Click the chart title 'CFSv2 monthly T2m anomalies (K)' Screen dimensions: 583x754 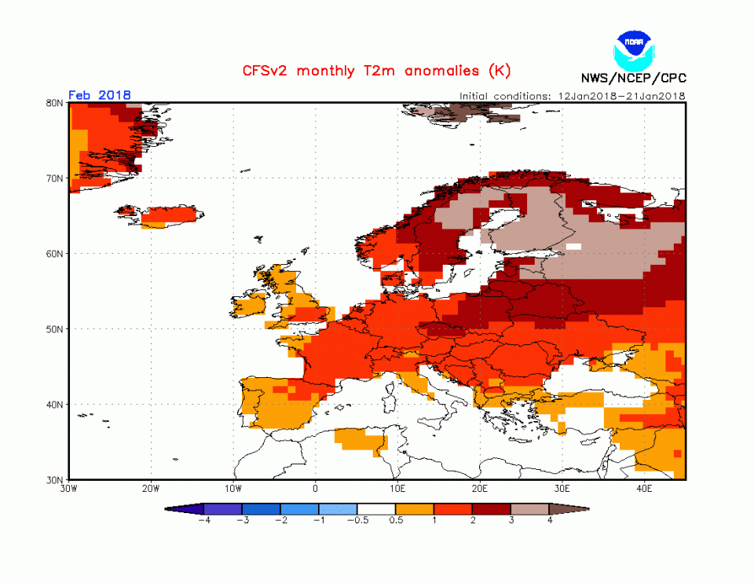coord(376,71)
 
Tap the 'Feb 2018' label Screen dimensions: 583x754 coord(100,95)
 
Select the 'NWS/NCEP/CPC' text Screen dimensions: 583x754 coord(633,78)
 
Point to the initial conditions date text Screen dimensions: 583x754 coord(573,96)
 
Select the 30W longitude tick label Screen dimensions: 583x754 coord(69,489)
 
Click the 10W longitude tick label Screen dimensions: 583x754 coord(233,489)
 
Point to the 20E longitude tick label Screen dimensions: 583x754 coord(480,489)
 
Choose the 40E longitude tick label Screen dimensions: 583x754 coord(644,489)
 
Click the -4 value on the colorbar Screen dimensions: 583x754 coord(203,520)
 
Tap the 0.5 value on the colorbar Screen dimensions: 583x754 coord(396,520)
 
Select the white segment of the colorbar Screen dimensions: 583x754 coord(376,509)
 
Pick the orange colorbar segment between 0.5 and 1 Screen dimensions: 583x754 coord(415,509)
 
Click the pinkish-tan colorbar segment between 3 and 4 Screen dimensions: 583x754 coord(530,509)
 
